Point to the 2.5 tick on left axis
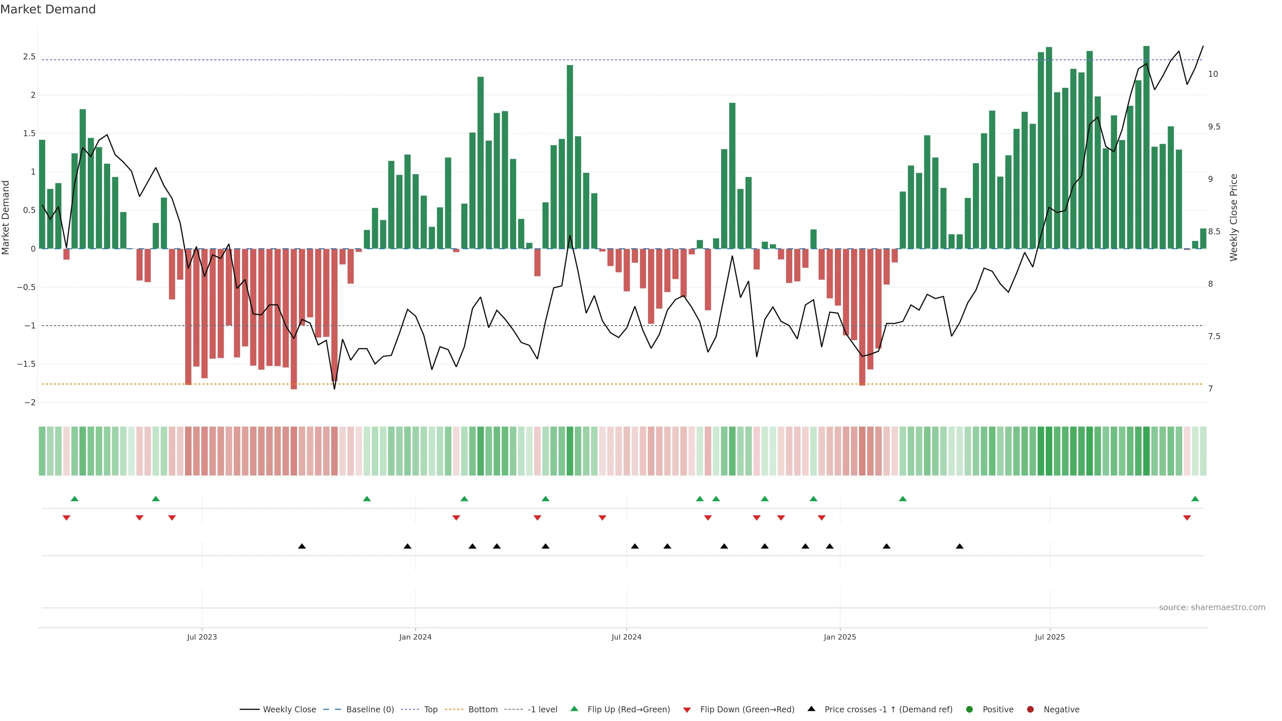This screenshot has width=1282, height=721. click(29, 57)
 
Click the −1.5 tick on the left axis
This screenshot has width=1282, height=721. click(26, 364)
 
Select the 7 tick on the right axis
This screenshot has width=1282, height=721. click(1210, 389)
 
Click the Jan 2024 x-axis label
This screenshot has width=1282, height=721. click(415, 637)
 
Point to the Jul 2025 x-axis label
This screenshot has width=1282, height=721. click(1050, 637)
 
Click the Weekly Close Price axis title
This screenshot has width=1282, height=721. click(1233, 217)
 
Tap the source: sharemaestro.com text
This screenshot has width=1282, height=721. click(1212, 607)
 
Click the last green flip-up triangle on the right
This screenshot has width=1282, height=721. click(1195, 499)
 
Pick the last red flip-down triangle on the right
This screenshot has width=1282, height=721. click(1187, 518)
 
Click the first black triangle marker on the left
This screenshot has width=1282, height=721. click(301, 546)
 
